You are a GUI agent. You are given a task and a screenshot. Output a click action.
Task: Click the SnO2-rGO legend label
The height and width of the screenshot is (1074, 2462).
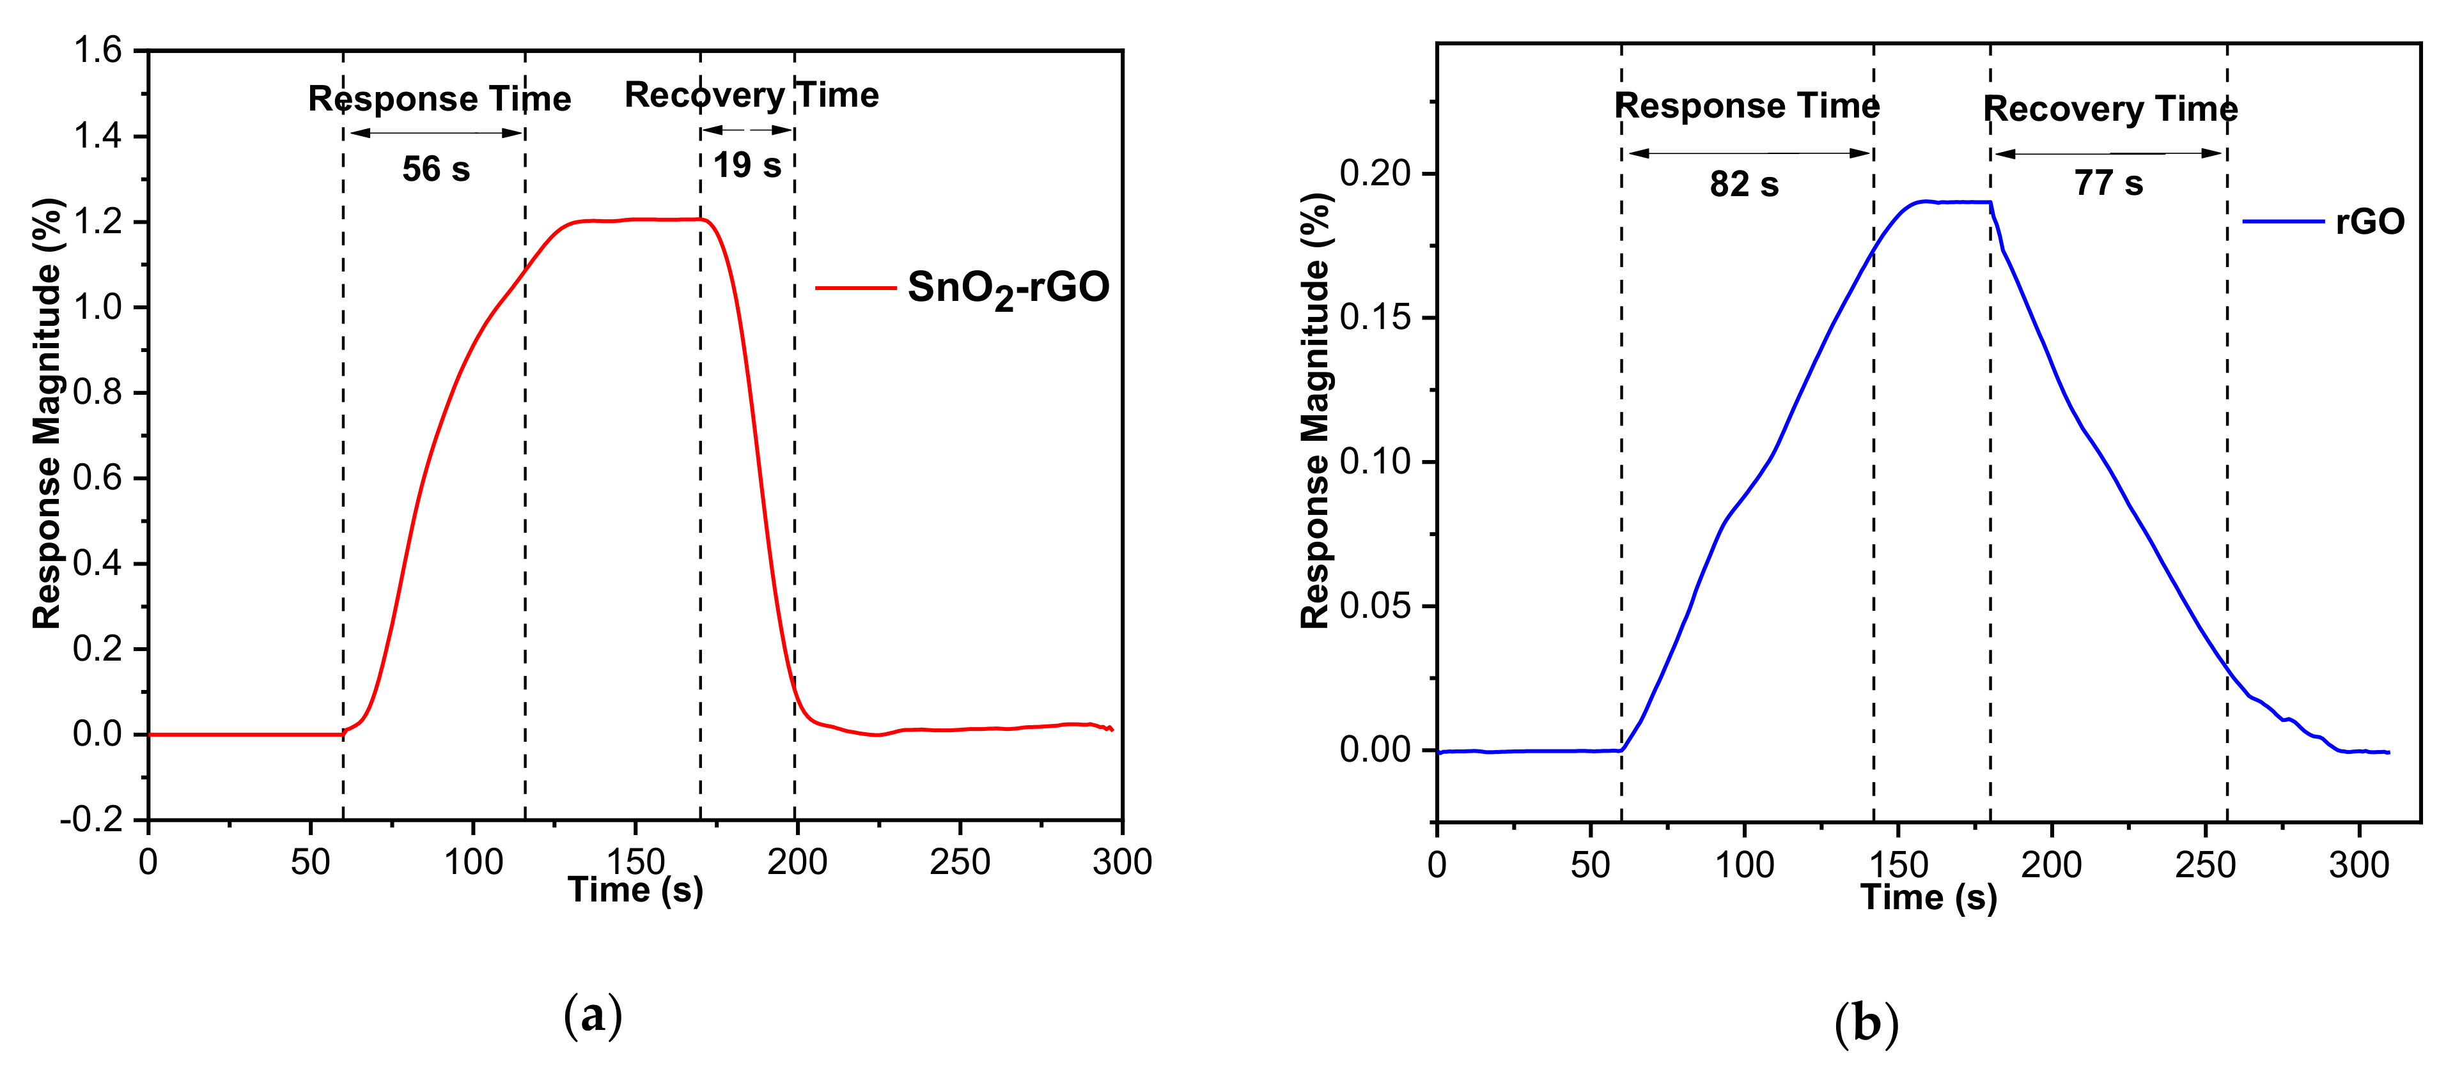[1008, 288]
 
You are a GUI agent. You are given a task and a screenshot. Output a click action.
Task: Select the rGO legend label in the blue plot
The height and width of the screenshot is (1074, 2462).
[2369, 222]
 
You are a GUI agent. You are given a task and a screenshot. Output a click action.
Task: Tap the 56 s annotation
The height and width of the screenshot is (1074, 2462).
[436, 169]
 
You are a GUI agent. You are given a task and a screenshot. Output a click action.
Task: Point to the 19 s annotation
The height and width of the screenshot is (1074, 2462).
[747, 165]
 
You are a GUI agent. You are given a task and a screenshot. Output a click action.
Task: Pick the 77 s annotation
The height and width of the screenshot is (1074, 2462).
[2108, 183]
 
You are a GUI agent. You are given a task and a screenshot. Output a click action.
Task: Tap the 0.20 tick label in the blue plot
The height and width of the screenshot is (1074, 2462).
[1375, 173]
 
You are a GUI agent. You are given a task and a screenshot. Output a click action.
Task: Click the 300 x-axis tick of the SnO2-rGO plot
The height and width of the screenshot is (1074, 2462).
[1122, 863]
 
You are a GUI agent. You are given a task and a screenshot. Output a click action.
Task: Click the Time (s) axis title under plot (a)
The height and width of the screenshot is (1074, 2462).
[635, 891]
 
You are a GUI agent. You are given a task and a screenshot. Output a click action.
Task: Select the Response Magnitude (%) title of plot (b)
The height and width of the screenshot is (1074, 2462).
[1316, 411]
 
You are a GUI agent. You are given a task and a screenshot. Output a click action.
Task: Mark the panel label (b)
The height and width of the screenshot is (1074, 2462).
[1866, 1024]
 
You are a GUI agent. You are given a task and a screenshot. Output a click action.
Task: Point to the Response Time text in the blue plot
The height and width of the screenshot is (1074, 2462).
[1746, 105]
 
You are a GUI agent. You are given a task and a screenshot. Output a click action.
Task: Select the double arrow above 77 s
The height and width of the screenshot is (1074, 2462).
[2108, 153]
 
